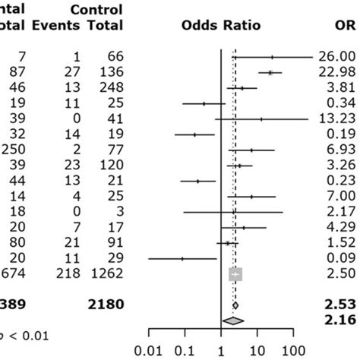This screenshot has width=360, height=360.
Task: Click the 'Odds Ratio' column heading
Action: click(221, 26)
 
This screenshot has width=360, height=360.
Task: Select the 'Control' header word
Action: click(96, 9)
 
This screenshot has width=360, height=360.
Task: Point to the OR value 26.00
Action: click(339, 56)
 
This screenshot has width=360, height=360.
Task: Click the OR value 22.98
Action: click(339, 72)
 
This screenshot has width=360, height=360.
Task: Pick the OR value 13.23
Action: click(339, 118)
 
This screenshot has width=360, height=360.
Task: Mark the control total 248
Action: click(106, 87)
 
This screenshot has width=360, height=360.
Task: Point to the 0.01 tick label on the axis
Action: click(149, 351)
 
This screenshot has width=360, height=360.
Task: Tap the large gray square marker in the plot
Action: click(235, 273)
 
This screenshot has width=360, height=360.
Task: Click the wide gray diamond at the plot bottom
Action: click(234, 321)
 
